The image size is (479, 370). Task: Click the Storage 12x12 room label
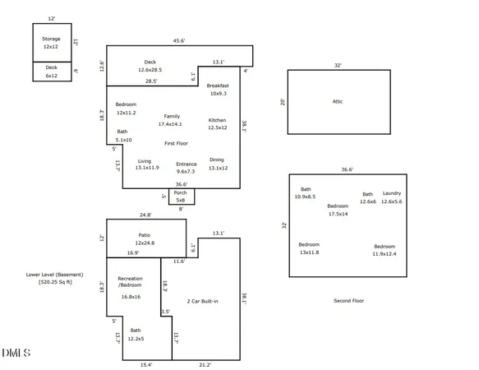point(52,43)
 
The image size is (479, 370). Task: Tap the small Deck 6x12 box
point(52,72)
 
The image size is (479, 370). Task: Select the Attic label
point(337,101)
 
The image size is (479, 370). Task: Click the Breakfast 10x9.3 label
point(218,90)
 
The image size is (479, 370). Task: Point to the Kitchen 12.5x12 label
point(217,124)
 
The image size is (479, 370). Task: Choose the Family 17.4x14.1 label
point(171,120)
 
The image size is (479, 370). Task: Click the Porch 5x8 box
point(180,196)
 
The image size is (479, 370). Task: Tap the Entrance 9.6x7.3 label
point(187,168)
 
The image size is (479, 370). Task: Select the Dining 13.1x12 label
point(217,164)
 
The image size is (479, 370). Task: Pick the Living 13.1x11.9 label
point(145,164)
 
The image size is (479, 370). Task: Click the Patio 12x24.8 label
point(145,238)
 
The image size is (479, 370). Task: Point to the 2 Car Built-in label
point(202,302)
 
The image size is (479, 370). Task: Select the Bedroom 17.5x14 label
point(338,210)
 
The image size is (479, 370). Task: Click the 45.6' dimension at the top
point(178,40)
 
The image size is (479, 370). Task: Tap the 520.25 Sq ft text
point(56,282)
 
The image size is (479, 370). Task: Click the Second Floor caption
point(348,301)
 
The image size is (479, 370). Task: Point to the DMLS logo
point(16,354)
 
